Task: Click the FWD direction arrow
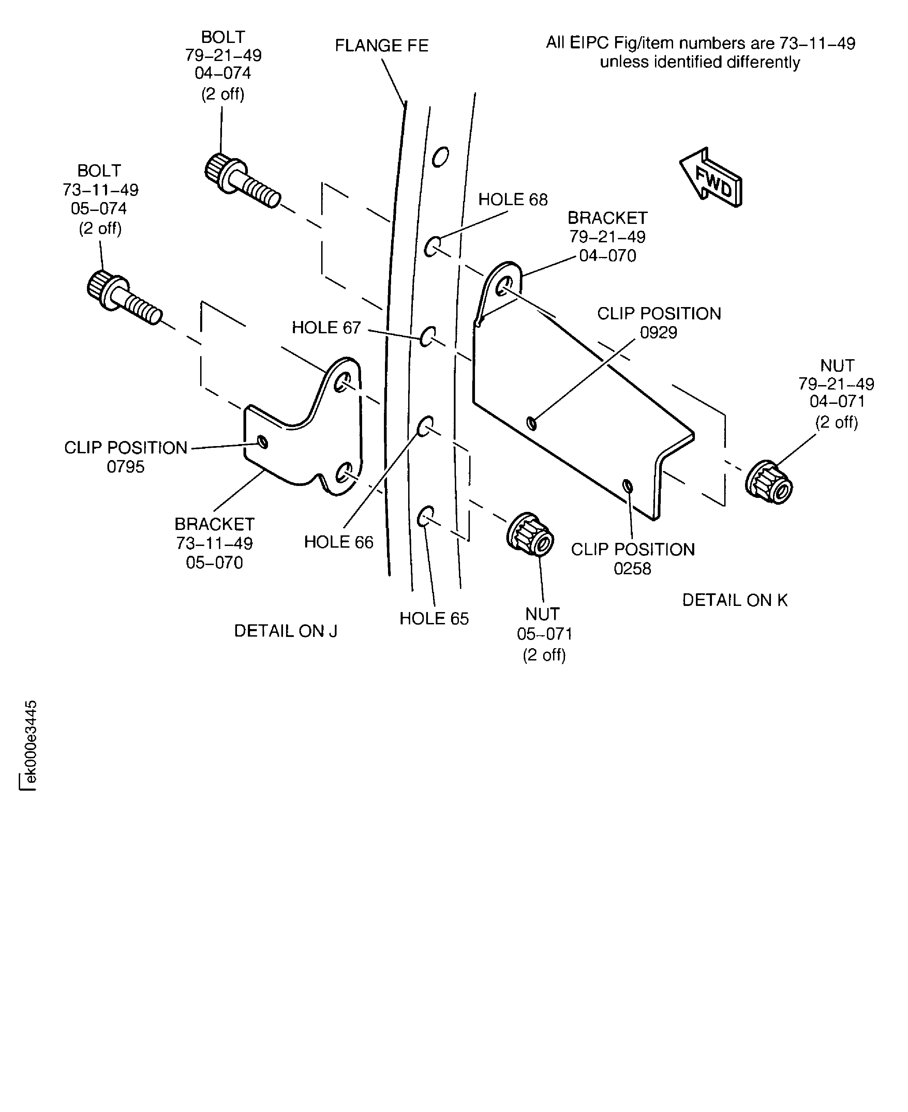click(711, 178)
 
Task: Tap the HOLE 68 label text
click(512, 200)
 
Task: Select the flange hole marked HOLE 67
click(428, 336)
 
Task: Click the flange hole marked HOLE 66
click(425, 426)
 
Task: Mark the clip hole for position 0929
click(532, 423)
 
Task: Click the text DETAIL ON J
click(286, 631)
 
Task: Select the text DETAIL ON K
click(734, 600)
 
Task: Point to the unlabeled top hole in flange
click(441, 156)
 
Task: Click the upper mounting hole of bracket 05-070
click(343, 383)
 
